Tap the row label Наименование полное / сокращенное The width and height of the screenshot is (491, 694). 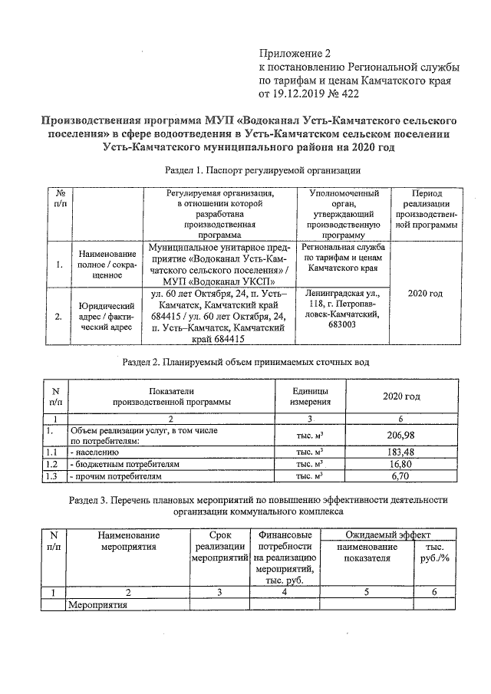point(107,263)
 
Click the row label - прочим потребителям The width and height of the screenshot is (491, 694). point(116,476)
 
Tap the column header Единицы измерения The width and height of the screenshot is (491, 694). point(311,396)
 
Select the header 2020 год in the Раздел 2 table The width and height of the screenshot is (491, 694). point(401,396)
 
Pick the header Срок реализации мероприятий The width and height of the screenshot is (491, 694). point(219,546)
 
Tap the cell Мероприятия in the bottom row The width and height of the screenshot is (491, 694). point(97,605)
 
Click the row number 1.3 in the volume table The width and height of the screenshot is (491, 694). point(52,476)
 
